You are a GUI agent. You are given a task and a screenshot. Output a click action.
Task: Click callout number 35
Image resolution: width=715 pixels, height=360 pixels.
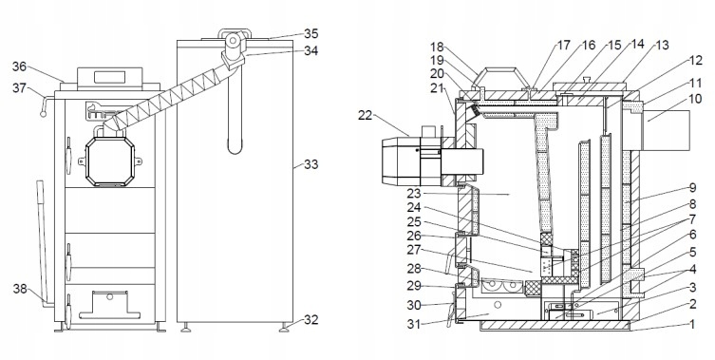[311, 34]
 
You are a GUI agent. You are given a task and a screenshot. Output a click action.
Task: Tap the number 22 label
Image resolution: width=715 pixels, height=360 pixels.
[366, 116]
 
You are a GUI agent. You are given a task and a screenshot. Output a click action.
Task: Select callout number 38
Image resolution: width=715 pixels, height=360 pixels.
[20, 289]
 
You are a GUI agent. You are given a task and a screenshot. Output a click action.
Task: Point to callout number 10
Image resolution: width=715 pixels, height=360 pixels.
[695, 99]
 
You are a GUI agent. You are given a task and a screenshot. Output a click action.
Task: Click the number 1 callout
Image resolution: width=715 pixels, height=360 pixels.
[692, 325]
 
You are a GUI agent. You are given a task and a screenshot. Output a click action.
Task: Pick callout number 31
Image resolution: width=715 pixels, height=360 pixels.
[414, 324]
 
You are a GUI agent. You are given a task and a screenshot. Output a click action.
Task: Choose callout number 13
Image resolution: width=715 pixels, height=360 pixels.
[662, 46]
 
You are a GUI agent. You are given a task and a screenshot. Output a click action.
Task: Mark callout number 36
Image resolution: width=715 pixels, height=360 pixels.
[19, 66]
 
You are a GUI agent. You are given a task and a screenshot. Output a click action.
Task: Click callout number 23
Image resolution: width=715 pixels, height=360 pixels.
[414, 195]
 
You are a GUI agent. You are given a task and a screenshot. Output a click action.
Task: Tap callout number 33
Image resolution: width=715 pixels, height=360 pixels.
[311, 163]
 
